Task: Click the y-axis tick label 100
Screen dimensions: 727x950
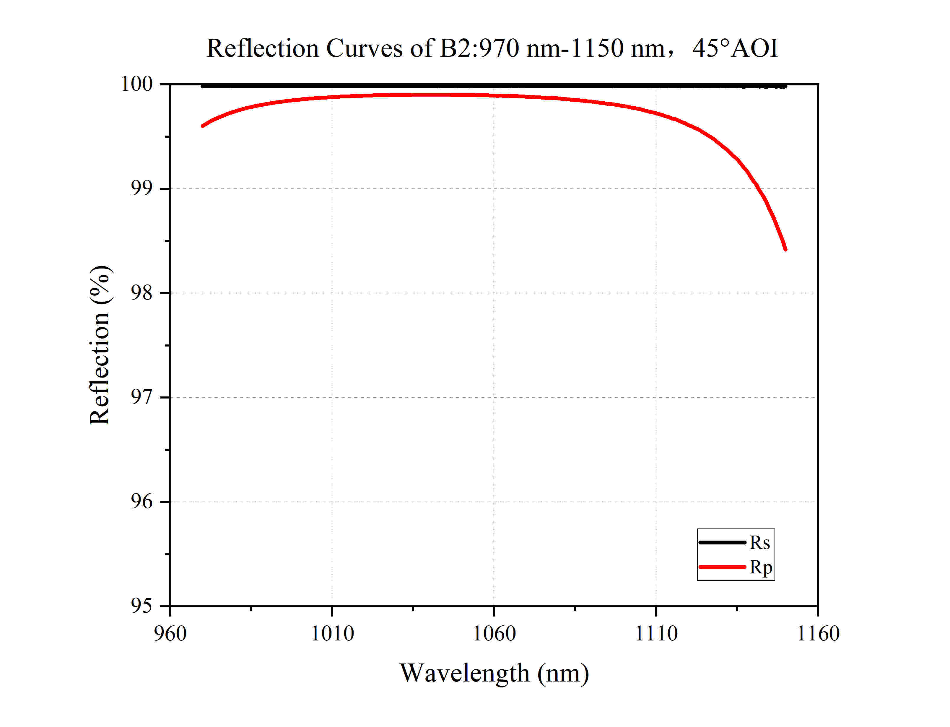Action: click(x=136, y=84)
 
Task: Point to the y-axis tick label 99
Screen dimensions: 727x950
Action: click(x=141, y=188)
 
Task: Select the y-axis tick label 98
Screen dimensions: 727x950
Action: click(x=141, y=293)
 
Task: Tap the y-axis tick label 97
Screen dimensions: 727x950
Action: click(x=141, y=397)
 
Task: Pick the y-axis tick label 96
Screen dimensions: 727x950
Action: click(x=141, y=502)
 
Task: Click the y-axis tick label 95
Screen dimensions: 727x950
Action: click(x=141, y=606)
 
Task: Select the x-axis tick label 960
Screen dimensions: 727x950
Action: click(x=170, y=634)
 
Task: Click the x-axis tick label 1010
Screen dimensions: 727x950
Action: click(x=332, y=634)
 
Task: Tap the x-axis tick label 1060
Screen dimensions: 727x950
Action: click(x=494, y=634)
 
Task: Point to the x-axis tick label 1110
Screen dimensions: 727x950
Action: click(x=655, y=634)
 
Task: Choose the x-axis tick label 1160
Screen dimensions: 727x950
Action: click(x=818, y=634)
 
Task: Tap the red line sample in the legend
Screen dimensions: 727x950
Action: click(x=722, y=567)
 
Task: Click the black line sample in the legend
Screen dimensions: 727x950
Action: click(x=722, y=542)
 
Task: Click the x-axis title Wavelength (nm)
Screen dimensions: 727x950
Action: click(x=494, y=673)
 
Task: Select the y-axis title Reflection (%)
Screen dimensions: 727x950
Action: click(x=100, y=345)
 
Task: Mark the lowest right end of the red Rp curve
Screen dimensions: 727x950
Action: click(x=785, y=249)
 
